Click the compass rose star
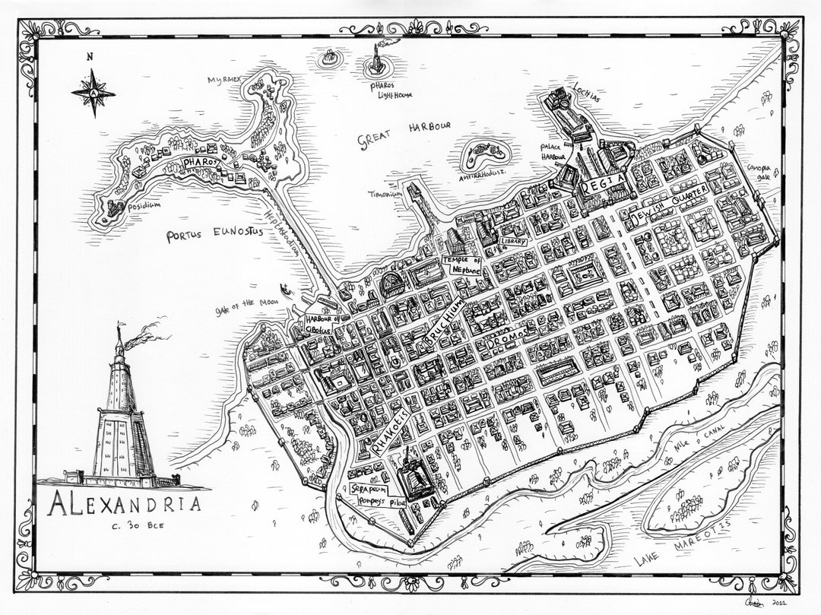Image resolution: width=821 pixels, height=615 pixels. pos(93,93)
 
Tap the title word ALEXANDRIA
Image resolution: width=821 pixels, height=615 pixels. pos(125,504)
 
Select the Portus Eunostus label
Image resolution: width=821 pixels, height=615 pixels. pos(215,234)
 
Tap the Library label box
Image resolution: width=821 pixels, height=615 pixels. pos(514,241)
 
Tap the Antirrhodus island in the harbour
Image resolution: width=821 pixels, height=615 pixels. pos(482,156)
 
